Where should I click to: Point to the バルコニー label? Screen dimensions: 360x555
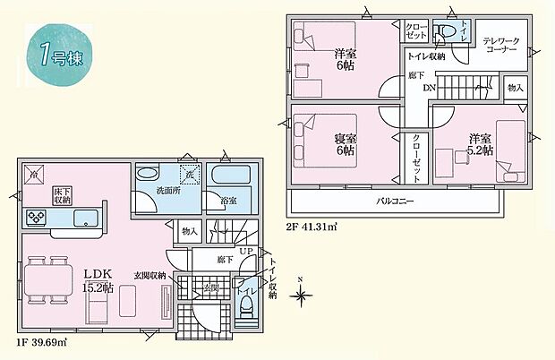pos(394,201)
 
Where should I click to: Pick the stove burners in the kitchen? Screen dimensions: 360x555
pos(38,218)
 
